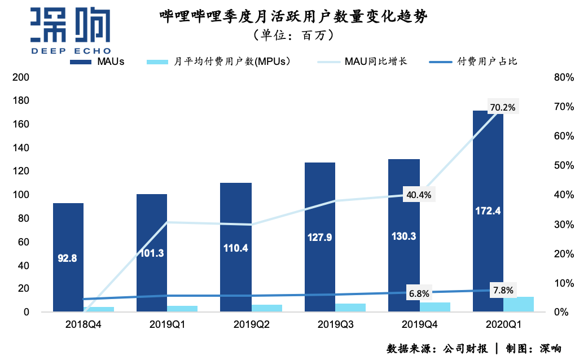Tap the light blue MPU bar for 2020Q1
(x=519, y=304)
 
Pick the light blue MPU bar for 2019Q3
(x=350, y=308)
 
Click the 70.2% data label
(x=503, y=107)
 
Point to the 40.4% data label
(x=418, y=195)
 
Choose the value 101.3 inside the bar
(x=152, y=253)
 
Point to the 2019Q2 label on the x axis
(x=252, y=325)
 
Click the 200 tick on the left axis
(x=20, y=77)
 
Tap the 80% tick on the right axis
(x=564, y=77)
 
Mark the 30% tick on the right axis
(x=564, y=224)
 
